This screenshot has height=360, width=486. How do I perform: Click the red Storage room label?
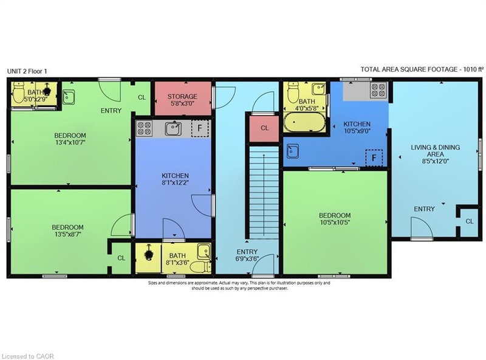point(182,97)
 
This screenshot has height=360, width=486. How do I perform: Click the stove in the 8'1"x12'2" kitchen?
point(145,128)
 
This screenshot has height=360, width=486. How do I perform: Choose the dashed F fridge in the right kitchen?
point(373,157)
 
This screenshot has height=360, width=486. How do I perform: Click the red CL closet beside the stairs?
point(264,128)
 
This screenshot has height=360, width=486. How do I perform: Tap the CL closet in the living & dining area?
point(469,221)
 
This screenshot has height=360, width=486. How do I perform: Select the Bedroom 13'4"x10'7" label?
point(70,139)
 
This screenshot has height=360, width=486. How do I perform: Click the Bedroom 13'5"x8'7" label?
point(70,232)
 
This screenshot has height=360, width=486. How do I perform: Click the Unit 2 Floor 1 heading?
point(27,71)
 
